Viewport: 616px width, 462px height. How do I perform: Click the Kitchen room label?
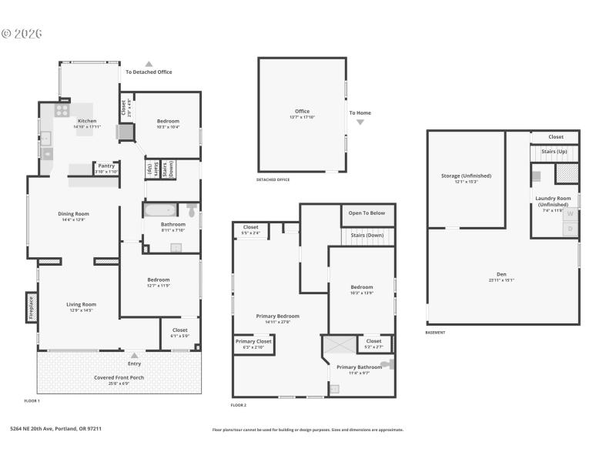(x=86, y=122)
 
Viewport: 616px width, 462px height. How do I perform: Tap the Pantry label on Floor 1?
(x=106, y=166)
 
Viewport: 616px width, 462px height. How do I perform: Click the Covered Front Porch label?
(x=119, y=377)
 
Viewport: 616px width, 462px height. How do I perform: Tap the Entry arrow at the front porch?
(x=134, y=356)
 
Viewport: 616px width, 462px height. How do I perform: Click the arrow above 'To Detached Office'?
(x=149, y=65)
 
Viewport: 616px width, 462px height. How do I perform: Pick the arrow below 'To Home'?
(x=360, y=122)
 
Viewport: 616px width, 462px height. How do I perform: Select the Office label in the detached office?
(x=302, y=112)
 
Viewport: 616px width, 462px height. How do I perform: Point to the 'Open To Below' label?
(x=367, y=213)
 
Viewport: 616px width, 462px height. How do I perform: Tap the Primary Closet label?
(x=253, y=342)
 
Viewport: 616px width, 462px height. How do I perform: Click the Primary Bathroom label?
(x=359, y=367)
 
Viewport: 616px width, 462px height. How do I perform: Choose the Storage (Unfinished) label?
(x=466, y=176)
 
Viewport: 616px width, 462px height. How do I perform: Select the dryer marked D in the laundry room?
(x=571, y=228)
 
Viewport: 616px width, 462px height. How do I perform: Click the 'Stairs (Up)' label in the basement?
(x=554, y=152)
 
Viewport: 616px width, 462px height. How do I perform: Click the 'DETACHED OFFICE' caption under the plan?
(x=273, y=179)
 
